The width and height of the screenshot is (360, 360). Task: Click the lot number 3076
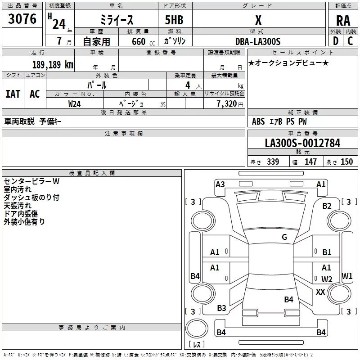22,20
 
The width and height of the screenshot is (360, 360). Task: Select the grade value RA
343,21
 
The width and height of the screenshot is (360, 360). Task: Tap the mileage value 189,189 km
52,64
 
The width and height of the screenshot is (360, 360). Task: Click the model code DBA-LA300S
257,42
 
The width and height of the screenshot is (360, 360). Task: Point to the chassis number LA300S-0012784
302,144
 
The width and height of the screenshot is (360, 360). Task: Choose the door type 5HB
173,21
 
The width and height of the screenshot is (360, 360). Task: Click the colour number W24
75,103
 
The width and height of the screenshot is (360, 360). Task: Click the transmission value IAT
13,94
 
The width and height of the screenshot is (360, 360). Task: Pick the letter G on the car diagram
284,237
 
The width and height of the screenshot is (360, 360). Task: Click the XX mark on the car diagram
320,292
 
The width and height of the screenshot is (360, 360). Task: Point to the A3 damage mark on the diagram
220,184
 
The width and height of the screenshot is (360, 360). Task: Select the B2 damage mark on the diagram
327,206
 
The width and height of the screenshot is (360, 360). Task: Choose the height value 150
346,162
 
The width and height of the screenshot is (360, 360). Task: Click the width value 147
310,162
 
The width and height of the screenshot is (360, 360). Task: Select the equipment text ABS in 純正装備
258,121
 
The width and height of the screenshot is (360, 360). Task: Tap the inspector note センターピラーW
31,181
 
